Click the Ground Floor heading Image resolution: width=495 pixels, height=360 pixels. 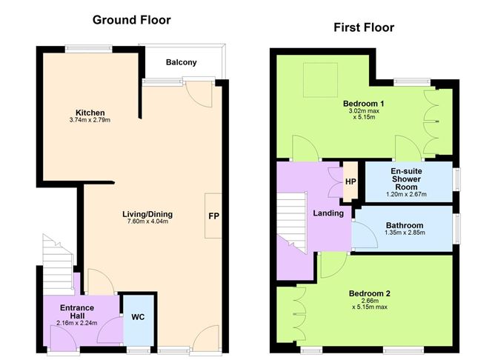pos(131,20)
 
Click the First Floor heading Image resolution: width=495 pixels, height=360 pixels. pos(363,28)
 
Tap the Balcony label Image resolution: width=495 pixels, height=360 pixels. pos(181,63)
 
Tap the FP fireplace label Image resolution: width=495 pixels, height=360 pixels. pos(213,216)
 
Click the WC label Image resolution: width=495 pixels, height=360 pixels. pos(138,317)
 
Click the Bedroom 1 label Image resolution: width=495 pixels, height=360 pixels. pos(363,103)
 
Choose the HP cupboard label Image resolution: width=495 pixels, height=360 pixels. pos(351,181)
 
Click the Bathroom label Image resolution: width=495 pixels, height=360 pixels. pos(405,226)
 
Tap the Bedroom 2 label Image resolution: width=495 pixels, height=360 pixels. pos(369,293)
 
